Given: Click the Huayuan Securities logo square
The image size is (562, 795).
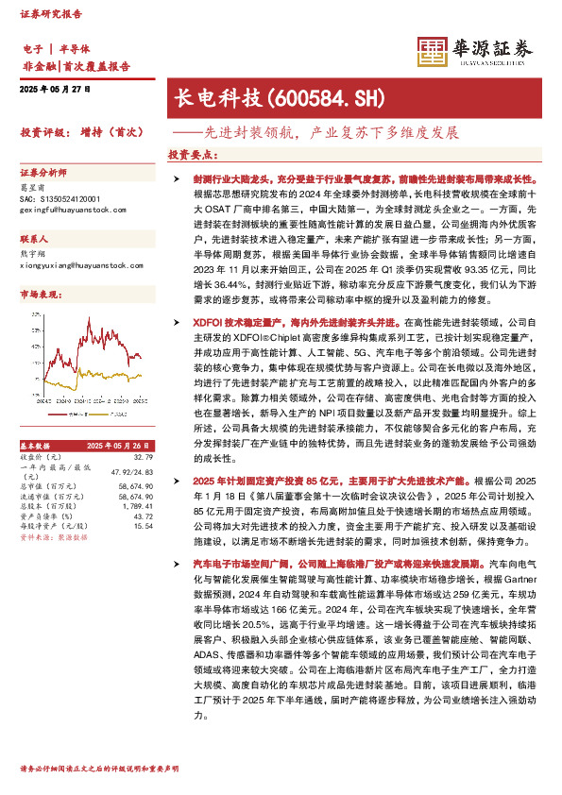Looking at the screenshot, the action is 433,51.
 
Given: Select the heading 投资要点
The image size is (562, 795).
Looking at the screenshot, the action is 189,154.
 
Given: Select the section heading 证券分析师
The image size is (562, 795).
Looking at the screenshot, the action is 43,173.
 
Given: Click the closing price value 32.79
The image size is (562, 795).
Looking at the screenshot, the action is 145,456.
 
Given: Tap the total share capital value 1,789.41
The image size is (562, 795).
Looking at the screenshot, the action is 138,507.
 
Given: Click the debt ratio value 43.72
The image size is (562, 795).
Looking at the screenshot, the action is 144,516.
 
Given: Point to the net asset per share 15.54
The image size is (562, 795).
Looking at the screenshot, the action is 144,526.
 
